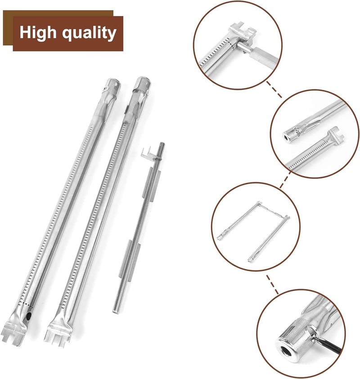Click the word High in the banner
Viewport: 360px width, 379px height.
[x=38, y=33]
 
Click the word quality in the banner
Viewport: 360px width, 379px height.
[x=89, y=33]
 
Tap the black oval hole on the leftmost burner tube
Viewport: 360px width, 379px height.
[x=29, y=316]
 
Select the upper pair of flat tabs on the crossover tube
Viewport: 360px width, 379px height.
[x=152, y=184]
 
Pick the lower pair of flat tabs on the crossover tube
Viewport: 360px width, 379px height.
[x=130, y=260]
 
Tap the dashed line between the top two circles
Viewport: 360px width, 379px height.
[x=274, y=89]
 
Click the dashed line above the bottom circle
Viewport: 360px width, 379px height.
[x=272, y=284]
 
